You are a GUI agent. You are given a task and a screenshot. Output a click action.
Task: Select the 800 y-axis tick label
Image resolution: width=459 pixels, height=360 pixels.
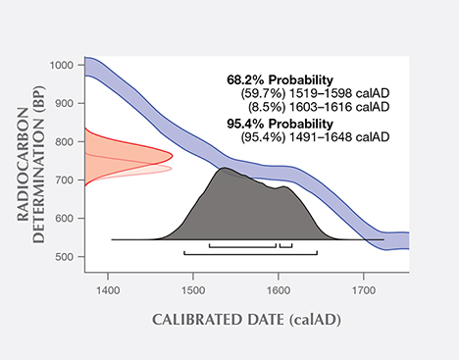(64, 142)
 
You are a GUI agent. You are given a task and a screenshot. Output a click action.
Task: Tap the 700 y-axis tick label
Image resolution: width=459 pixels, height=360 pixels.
(64, 180)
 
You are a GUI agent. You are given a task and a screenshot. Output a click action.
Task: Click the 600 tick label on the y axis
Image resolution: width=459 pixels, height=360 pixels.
(64, 219)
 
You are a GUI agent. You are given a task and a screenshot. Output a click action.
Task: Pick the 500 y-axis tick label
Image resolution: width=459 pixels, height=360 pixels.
(64, 257)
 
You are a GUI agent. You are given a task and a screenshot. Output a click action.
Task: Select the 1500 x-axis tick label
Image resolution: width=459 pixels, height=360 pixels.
(193, 290)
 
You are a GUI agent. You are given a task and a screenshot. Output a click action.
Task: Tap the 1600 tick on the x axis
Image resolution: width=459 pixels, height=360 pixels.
(279, 290)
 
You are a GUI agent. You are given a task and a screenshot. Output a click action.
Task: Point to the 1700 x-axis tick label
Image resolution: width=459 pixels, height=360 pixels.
(364, 290)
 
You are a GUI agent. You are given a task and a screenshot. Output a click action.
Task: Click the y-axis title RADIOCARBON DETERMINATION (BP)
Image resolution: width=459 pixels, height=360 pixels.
(34, 162)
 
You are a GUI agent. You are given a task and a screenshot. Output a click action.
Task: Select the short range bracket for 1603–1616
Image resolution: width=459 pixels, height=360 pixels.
(285, 245)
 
